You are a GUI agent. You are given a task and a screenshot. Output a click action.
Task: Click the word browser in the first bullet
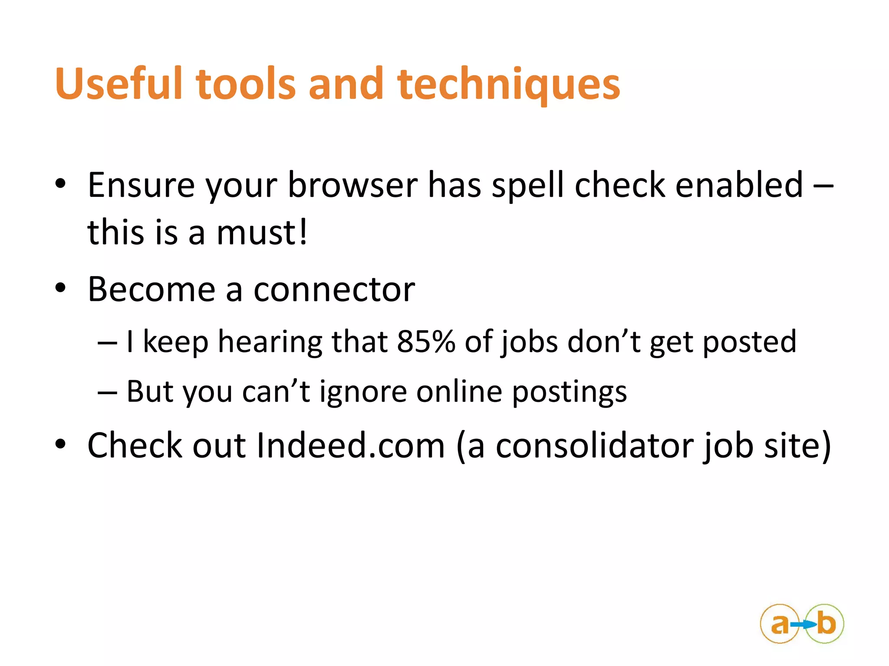352,186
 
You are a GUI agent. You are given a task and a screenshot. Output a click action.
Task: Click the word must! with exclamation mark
262,232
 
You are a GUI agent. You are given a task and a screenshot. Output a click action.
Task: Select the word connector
334,290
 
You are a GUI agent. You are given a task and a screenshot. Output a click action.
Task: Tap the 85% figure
426,342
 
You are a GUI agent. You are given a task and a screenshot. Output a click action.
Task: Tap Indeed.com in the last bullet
351,445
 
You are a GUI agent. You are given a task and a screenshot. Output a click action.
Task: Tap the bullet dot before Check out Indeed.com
60,444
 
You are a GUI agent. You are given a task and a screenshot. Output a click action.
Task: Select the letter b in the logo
826,624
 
